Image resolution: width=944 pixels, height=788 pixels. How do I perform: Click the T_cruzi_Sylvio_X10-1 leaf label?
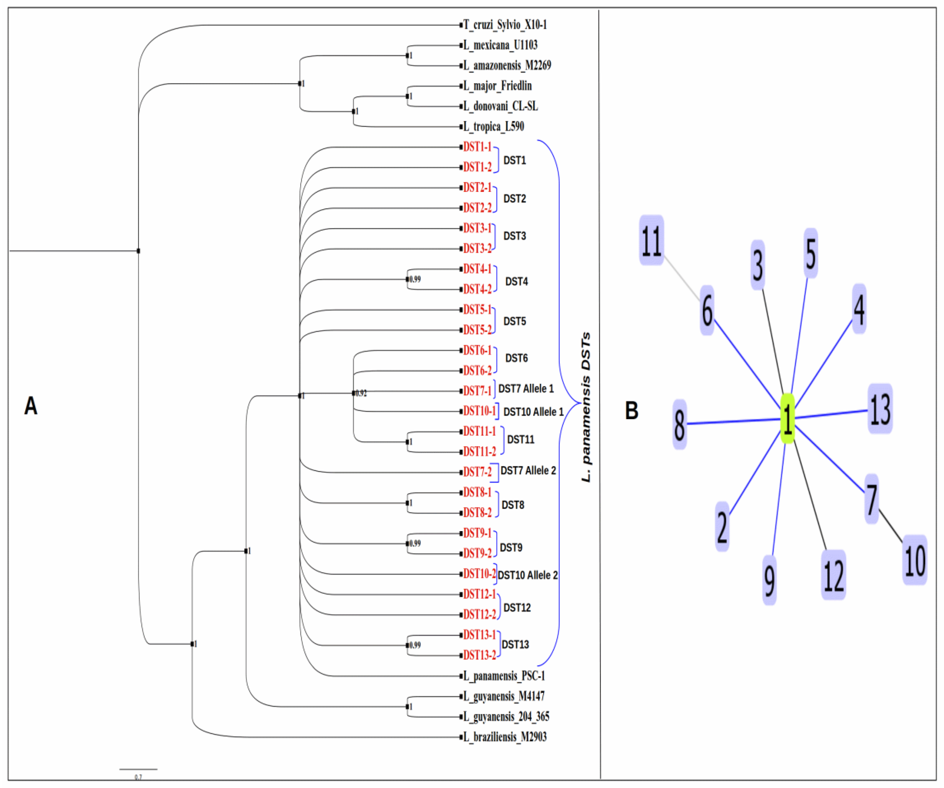[x=505, y=25]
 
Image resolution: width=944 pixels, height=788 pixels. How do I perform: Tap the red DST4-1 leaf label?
[x=477, y=269]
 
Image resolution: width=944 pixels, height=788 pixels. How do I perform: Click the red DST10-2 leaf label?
[x=479, y=574]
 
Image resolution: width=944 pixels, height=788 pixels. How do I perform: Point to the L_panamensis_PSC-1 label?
[x=504, y=676]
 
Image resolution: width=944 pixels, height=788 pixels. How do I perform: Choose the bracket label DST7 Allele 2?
[x=528, y=471]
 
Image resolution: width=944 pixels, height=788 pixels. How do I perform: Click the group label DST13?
[x=515, y=645]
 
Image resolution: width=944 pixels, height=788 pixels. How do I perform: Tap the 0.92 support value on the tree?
[x=361, y=393]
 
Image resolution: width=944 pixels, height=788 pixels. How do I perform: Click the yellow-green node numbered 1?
[x=787, y=418]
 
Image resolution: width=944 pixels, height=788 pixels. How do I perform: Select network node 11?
[x=651, y=240]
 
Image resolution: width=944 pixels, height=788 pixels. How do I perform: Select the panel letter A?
[x=30, y=406]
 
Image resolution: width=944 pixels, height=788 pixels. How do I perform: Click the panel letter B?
[x=632, y=410]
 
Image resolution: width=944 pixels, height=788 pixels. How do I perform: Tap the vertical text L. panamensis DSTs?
[x=586, y=407]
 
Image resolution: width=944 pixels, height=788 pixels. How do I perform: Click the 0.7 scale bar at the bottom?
[x=138, y=770]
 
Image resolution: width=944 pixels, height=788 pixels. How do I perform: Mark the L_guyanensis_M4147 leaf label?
[x=504, y=696]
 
